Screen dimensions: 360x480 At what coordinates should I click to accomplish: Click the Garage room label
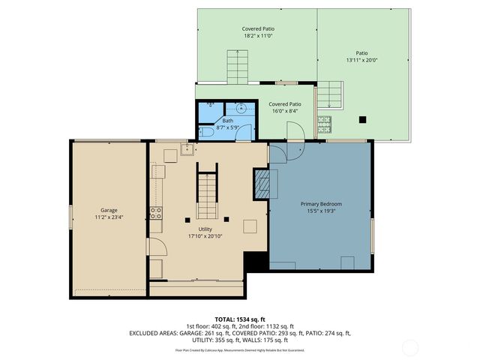(x=109, y=210)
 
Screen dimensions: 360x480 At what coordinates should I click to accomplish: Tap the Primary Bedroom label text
(x=321, y=204)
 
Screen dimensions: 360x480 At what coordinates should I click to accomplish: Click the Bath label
(x=227, y=121)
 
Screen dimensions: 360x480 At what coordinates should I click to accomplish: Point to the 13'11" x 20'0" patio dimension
(x=363, y=60)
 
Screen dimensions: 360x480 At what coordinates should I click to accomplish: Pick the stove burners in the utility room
(x=156, y=213)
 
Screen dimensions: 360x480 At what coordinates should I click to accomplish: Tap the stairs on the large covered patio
(x=237, y=66)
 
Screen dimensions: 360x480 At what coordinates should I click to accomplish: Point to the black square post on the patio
(x=363, y=118)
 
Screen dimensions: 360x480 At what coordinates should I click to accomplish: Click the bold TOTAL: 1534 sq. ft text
(x=239, y=319)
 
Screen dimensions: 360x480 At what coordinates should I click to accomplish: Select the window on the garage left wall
(x=71, y=217)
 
